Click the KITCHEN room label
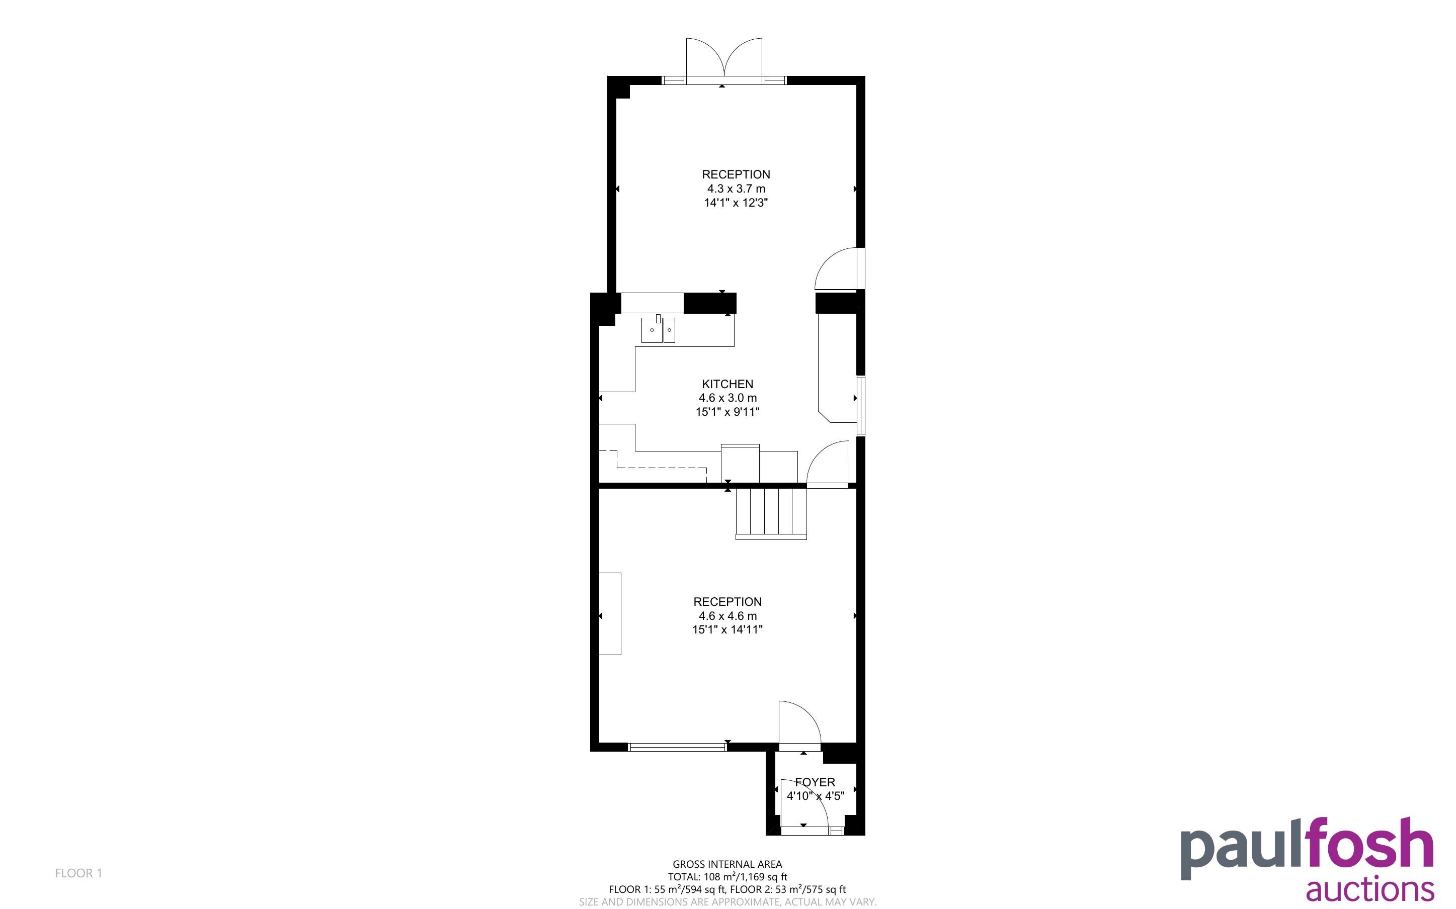tap(727, 384)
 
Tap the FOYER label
tap(815, 782)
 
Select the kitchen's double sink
tap(658, 330)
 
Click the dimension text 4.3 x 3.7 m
tap(736, 189)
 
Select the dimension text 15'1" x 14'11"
tap(727, 629)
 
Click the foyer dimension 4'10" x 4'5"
tap(816, 796)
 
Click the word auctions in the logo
tap(1370, 889)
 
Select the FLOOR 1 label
tap(79, 873)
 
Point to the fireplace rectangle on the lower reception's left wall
tap(610, 613)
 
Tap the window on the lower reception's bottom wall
tap(677, 747)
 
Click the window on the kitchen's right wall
tap(861, 405)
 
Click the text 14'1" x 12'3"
tap(736, 203)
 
